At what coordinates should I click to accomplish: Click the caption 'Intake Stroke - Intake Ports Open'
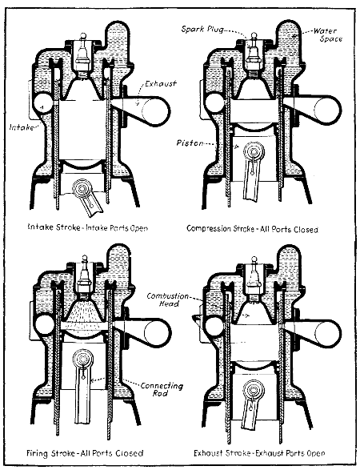coord(84,228)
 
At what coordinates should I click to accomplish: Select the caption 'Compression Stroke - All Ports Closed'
coord(252,229)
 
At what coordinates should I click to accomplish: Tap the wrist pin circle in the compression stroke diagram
coord(255,149)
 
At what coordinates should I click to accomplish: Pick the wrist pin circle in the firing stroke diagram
coord(82,359)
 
